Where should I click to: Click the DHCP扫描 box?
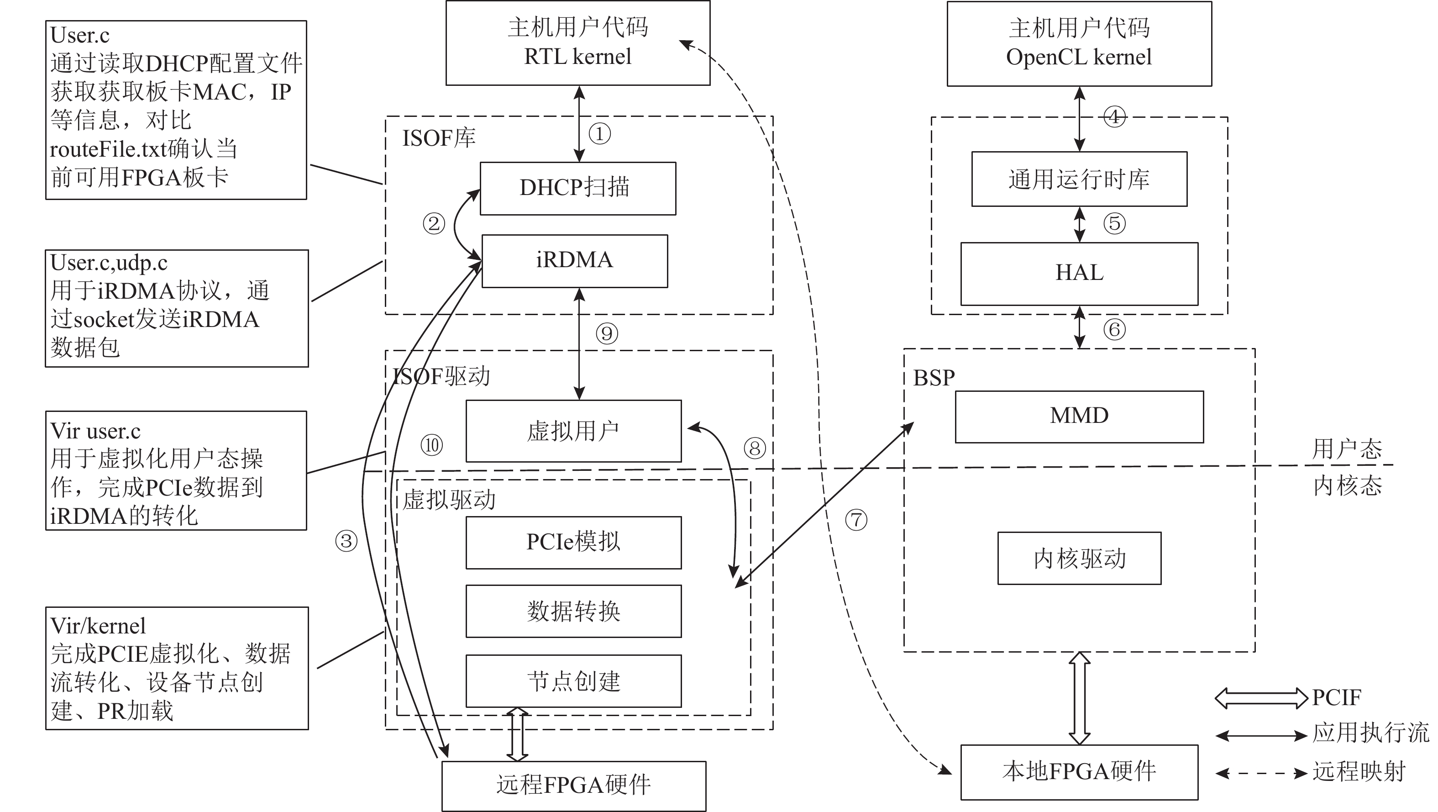click(x=578, y=188)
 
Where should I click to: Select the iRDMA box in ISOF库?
click(x=574, y=261)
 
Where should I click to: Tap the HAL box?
click(x=1079, y=274)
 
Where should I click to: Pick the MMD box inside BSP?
click(x=1079, y=417)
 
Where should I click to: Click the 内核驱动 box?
click(x=1079, y=559)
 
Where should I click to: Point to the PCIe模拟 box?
click(x=573, y=542)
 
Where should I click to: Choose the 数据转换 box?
click(x=573, y=611)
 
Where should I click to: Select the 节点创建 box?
click(x=573, y=681)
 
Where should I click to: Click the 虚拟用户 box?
click(x=573, y=431)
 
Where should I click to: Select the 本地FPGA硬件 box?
click(x=1079, y=772)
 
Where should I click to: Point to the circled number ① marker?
click(x=599, y=134)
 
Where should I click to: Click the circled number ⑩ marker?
click(x=431, y=445)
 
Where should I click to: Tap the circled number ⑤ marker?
click(x=1114, y=223)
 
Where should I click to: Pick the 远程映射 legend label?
click(x=1359, y=772)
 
